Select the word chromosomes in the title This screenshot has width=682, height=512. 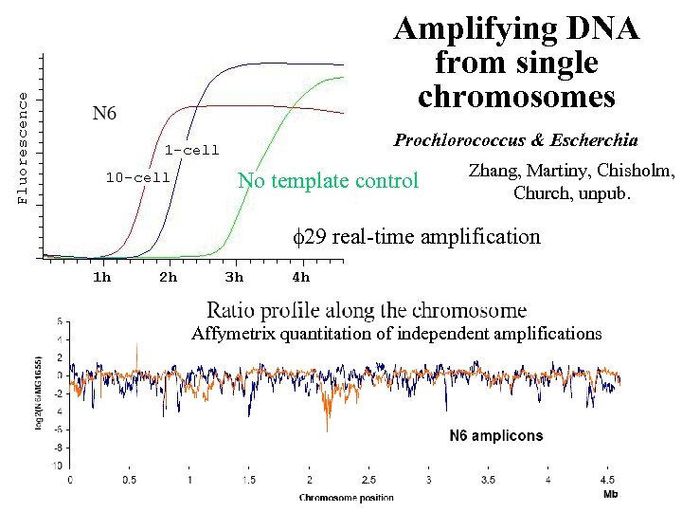(516, 96)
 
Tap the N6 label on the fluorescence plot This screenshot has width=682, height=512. (104, 114)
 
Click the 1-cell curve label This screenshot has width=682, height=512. (191, 150)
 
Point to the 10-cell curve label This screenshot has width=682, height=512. (137, 177)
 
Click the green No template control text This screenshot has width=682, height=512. (327, 180)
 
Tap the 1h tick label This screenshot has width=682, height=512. (101, 277)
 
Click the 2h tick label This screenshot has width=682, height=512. (168, 277)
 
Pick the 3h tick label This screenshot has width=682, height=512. (234, 277)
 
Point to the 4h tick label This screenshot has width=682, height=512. (300, 277)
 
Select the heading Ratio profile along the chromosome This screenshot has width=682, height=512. (367, 309)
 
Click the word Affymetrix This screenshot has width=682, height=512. (231, 333)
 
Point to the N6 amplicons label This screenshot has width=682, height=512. (495, 436)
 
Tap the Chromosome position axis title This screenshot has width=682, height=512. (346, 497)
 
